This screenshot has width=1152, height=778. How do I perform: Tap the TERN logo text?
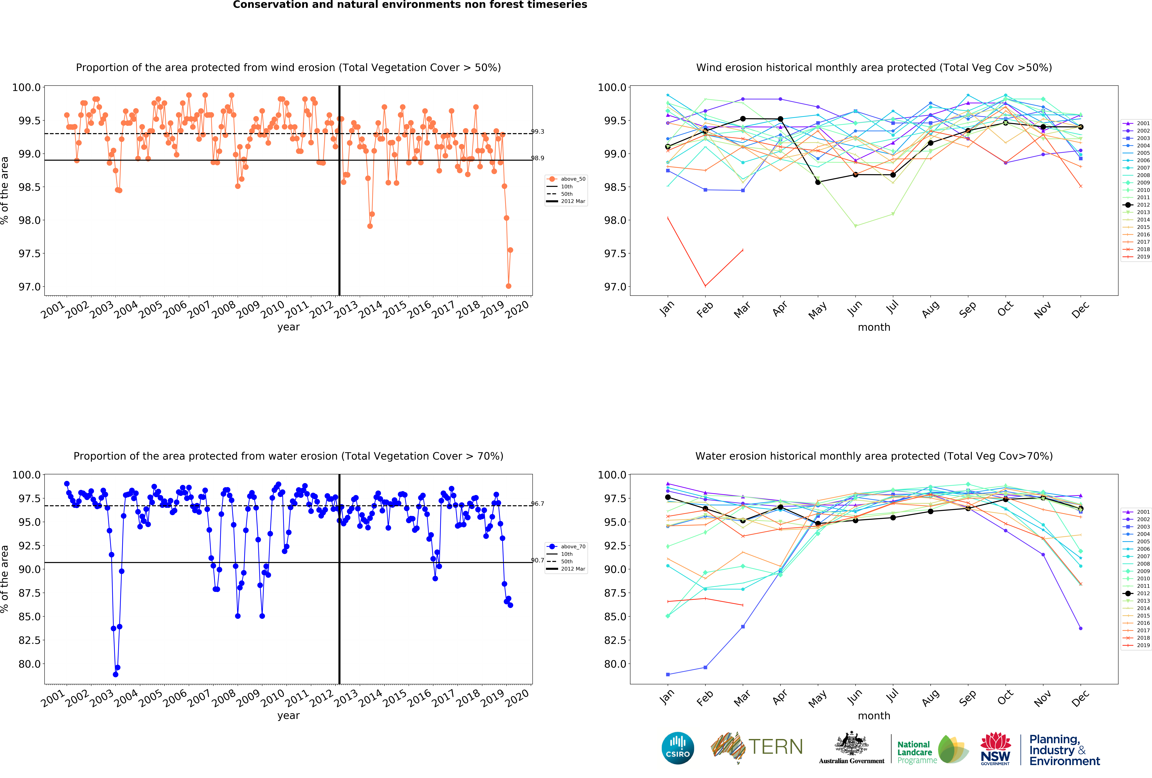776,747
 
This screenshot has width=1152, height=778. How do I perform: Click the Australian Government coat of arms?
851,743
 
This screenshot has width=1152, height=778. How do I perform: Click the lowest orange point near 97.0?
508,286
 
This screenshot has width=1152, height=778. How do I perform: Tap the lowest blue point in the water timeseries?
116,674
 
